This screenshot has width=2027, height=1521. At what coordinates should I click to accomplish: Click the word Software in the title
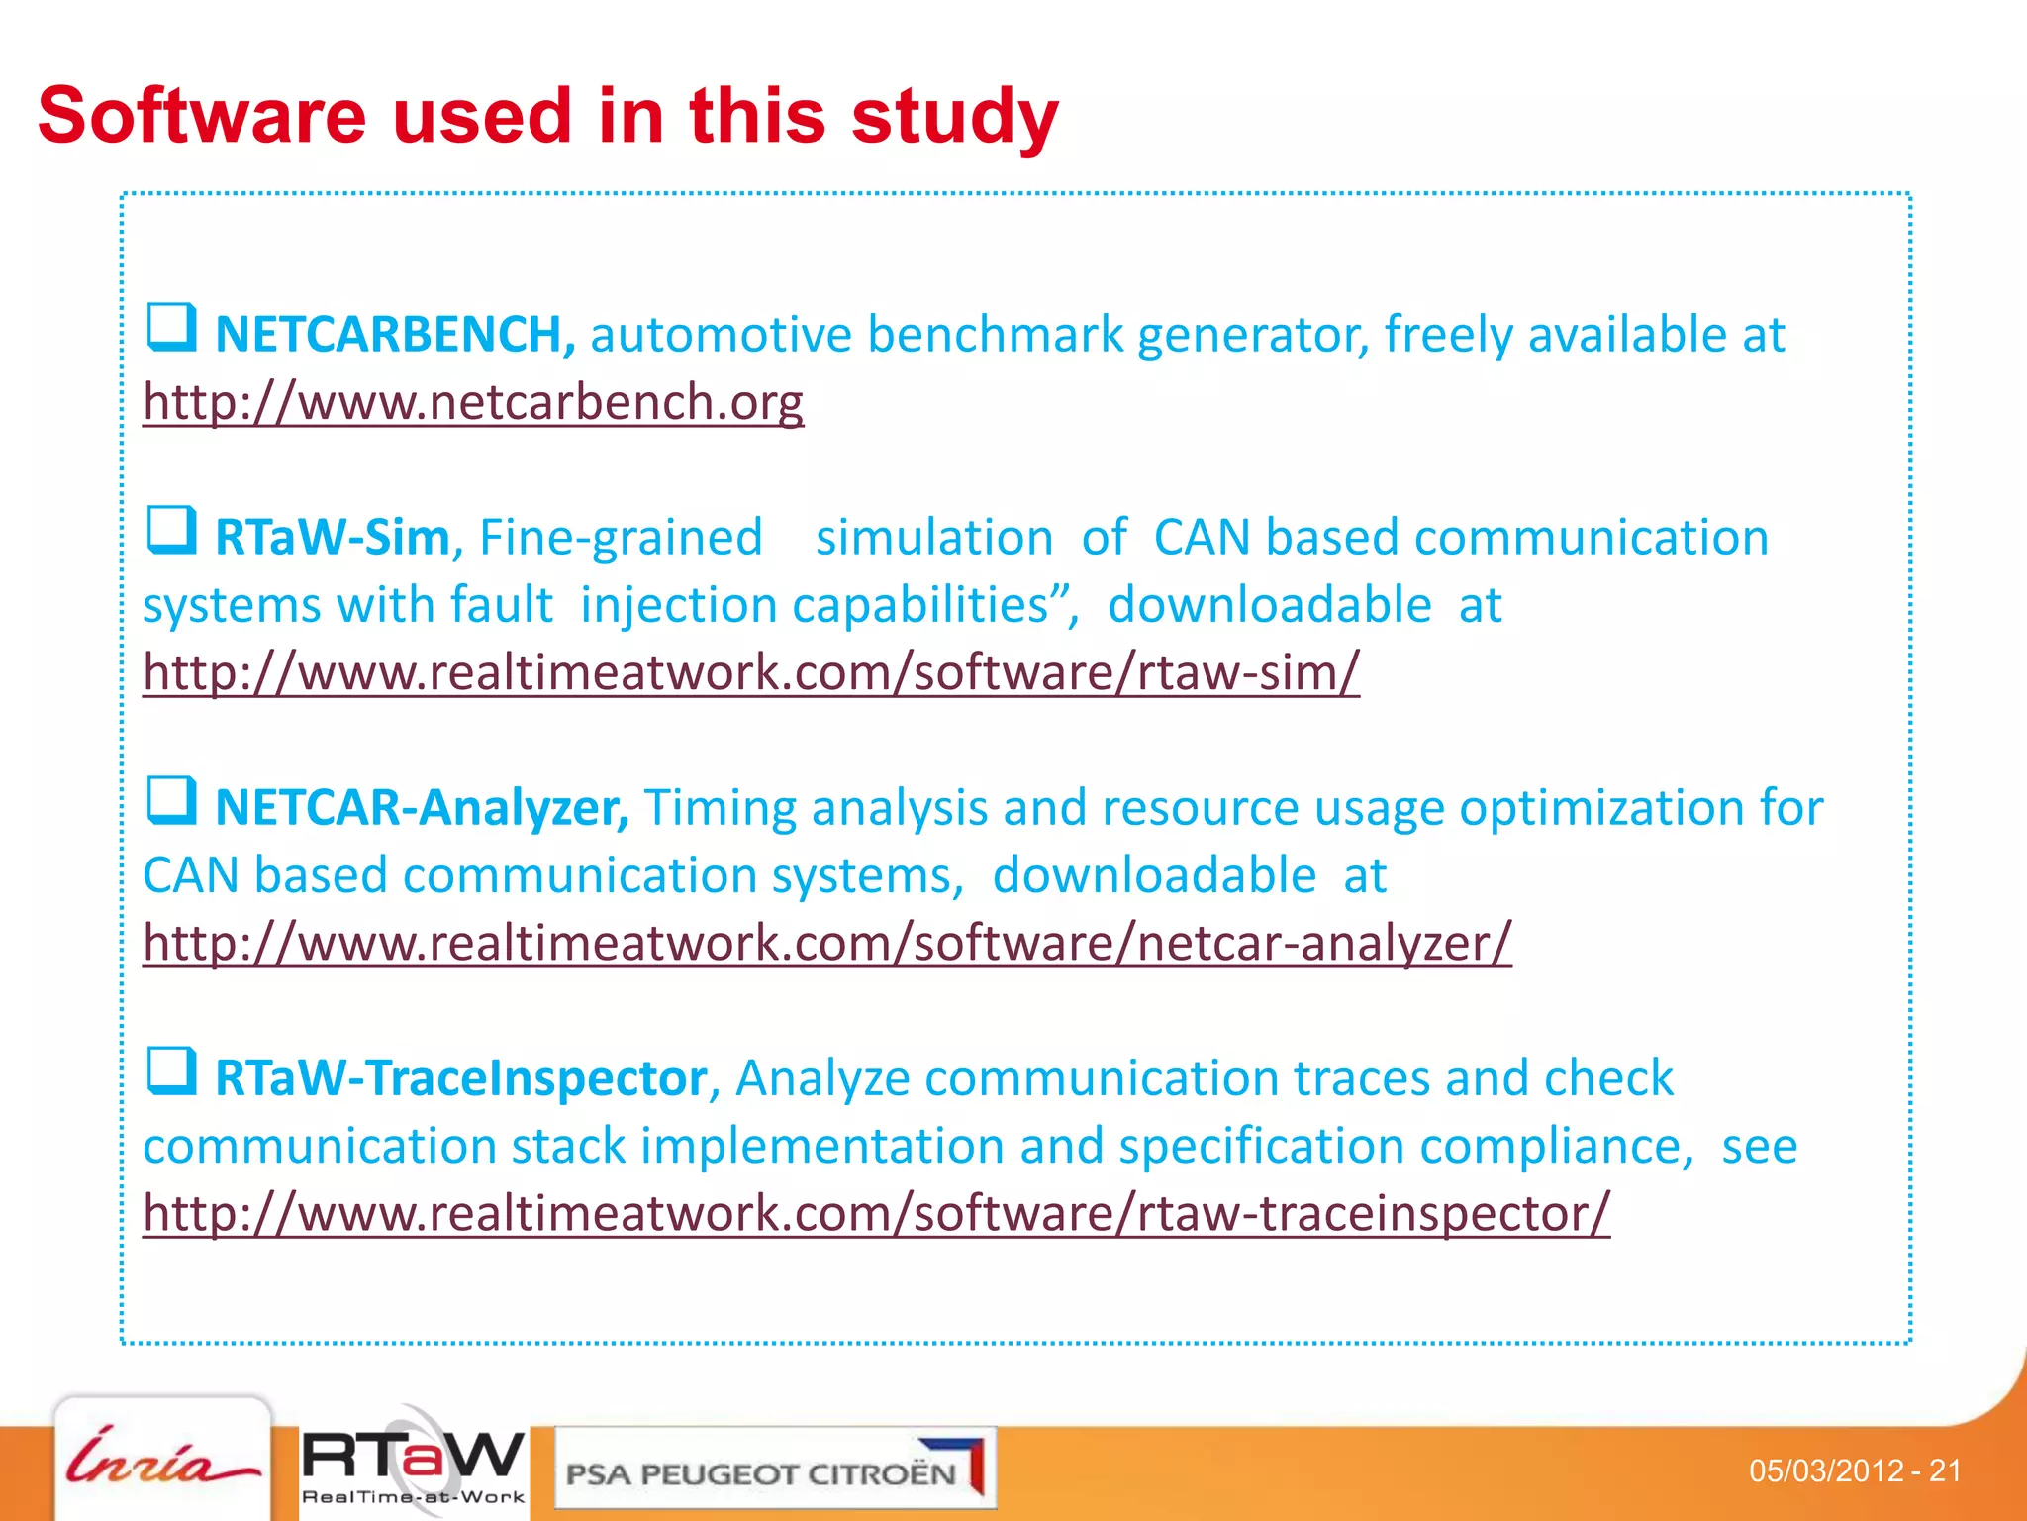pos(202,116)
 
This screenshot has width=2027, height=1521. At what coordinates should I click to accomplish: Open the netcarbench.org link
pos(473,403)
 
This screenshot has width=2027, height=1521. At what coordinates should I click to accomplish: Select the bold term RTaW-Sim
pos(333,538)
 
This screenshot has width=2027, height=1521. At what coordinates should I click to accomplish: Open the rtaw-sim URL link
pos(751,673)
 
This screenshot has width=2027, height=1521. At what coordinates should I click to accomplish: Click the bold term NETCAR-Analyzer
pos(422,808)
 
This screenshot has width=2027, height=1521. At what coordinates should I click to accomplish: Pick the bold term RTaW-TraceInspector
pos(461,1078)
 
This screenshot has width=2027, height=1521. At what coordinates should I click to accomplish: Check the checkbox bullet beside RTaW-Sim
pos(170,531)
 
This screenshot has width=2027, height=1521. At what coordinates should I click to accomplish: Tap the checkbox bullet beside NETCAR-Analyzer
pos(170,801)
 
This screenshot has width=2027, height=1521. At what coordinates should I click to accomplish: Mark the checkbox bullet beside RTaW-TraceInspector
pos(170,1071)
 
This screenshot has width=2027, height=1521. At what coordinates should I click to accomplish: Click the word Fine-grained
pos(621,538)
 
